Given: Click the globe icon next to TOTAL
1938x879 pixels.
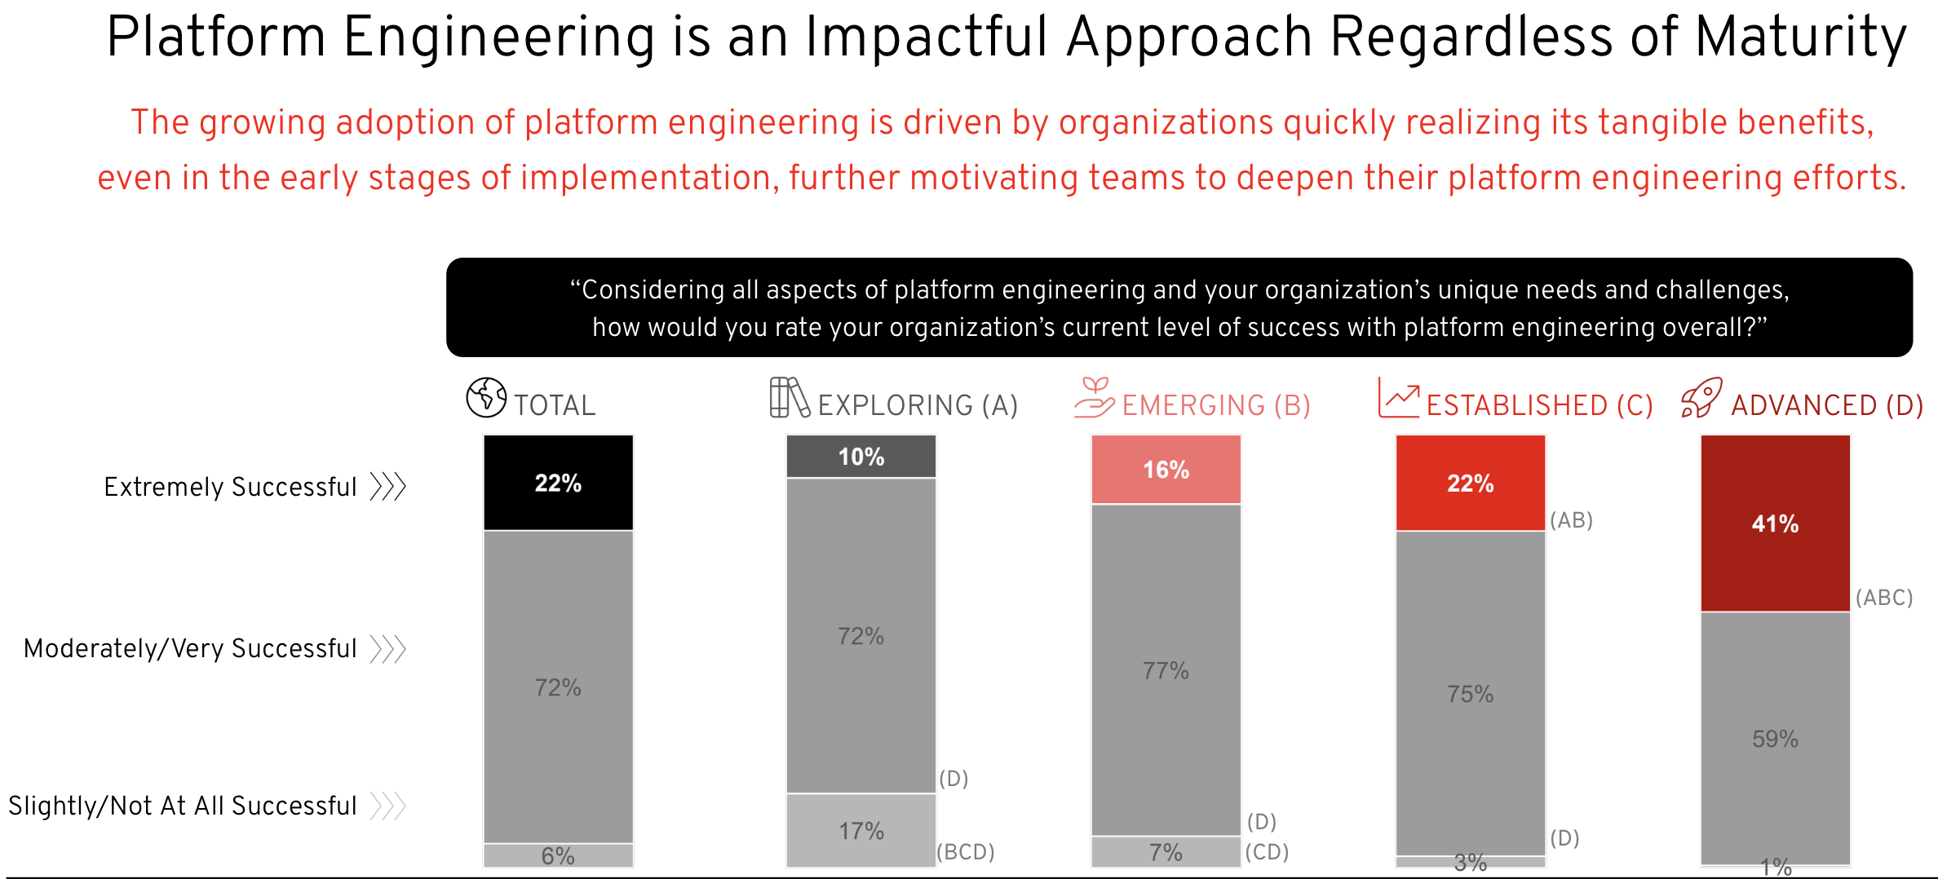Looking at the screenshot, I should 486,398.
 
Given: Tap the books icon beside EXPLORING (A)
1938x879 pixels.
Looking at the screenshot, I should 789,398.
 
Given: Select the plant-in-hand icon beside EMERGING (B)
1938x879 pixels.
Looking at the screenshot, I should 1094,398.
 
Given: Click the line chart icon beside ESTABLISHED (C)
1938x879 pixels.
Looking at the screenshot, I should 1398,398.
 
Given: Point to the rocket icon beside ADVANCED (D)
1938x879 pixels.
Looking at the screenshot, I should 1701,398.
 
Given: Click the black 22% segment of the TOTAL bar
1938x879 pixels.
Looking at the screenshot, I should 558,483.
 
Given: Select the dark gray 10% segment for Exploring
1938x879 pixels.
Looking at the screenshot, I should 861,457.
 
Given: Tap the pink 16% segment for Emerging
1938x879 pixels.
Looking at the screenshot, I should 1166,470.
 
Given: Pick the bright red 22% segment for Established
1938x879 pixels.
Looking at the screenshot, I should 1470,483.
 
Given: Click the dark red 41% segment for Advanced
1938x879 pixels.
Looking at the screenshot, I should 1775,523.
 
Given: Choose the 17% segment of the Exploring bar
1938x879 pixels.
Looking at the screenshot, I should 861,831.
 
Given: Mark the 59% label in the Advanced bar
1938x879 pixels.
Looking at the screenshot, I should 1775,739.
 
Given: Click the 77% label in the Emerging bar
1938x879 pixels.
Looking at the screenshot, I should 1166,671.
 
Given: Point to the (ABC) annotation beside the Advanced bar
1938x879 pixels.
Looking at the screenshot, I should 1884,598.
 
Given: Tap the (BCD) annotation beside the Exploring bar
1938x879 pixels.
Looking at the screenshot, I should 966,852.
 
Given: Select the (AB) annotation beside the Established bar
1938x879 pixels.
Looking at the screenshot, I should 1571,520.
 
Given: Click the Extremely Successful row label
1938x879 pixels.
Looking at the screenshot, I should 230,487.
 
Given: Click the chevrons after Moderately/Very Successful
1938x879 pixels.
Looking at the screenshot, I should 387,649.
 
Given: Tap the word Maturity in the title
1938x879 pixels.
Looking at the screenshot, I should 1801,38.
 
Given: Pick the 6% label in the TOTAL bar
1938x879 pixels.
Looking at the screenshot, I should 558,856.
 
